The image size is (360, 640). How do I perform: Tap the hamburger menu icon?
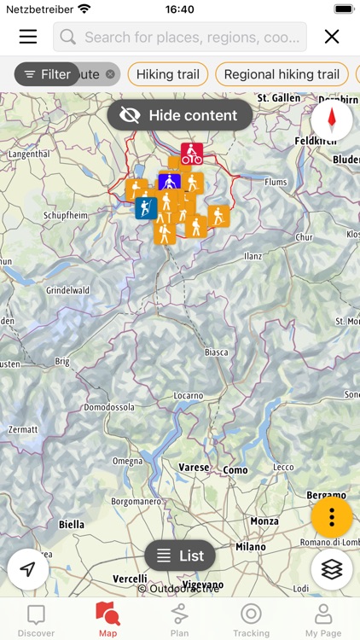coord(28,37)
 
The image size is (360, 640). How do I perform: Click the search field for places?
coord(180,37)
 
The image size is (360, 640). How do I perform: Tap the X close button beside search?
coord(332,37)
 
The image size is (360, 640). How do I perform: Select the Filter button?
coord(47,74)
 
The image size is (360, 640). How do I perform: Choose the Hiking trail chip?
coord(167,74)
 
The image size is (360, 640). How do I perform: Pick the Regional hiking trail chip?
coord(282,74)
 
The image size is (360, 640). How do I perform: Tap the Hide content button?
coord(180,115)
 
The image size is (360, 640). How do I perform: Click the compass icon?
coord(332,119)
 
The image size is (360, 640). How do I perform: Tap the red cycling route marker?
coord(192,154)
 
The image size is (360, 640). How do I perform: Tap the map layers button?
coord(332,569)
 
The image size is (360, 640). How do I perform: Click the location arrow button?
coord(28,569)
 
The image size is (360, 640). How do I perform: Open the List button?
coord(180,556)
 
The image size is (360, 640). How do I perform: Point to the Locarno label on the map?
coord(188,396)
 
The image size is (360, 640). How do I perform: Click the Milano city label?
coord(251,547)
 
